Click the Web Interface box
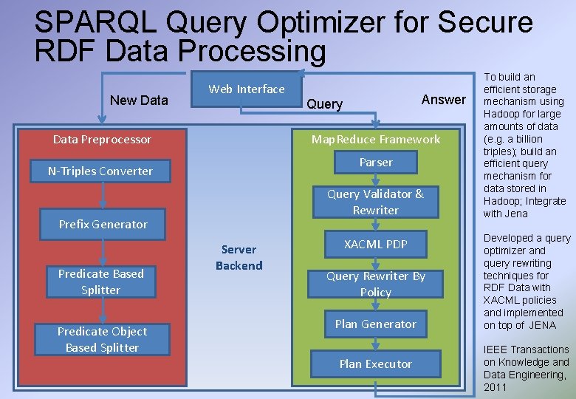click(x=247, y=89)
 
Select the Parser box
click(x=376, y=163)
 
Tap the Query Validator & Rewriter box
click(x=376, y=202)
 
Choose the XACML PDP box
click(x=376, y=244)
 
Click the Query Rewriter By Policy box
click(x=376, y=284)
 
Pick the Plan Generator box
click(x=376, y=324)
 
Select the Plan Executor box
click(x=376, y=364)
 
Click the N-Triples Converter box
click(x=100, y=171)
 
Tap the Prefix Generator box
click(x=103, y=225)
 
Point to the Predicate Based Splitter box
click(x=101, y=282)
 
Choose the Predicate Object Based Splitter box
click(x=102, y=339)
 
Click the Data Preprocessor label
click(x=102, y=140)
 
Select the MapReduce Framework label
click(x=376, y=140)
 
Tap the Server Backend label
click(x=239, y=258)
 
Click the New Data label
click(x=139, y=100)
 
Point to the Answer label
click(x=443, y=100)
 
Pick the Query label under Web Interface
click(x=324, y=104)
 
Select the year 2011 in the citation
click(x=496, y=387)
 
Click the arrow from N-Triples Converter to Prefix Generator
click(x=103, y=196)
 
